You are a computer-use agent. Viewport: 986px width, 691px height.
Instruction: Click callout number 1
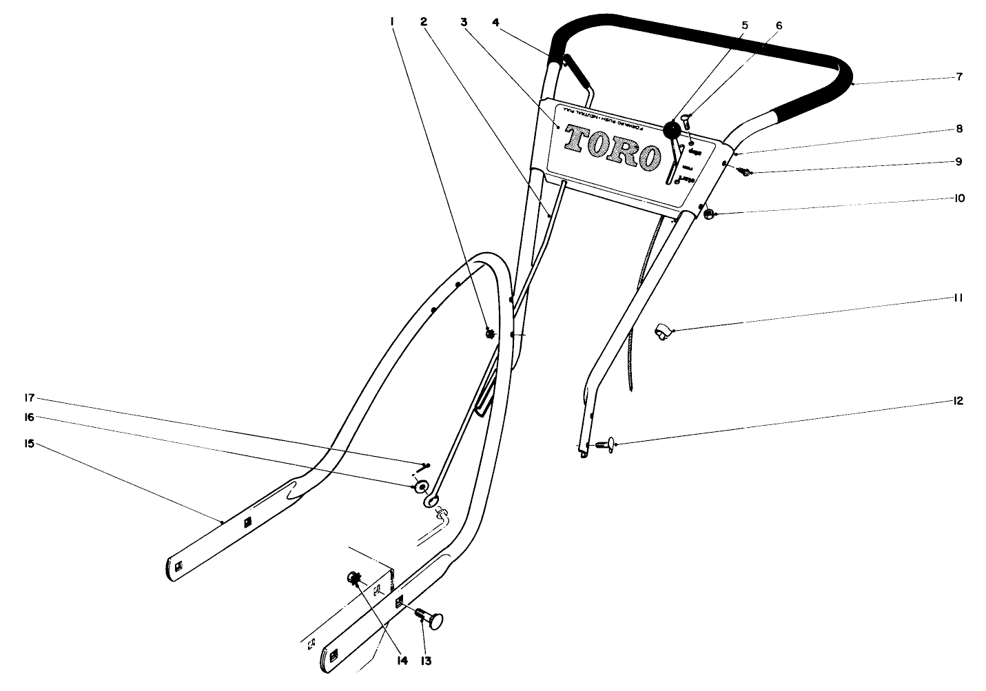point(391,22)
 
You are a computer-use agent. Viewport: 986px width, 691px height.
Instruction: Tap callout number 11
point(958,298)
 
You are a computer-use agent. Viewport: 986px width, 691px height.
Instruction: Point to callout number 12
point(958,401)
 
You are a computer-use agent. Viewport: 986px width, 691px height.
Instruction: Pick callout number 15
point(29,444)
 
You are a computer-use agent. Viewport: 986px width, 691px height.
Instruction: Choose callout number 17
point(29,398)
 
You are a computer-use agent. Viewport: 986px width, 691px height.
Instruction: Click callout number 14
point(402,660)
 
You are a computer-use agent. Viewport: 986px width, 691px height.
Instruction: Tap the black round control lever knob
point(672,130)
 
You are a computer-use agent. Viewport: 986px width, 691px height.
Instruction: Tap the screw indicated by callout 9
point(744,172)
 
